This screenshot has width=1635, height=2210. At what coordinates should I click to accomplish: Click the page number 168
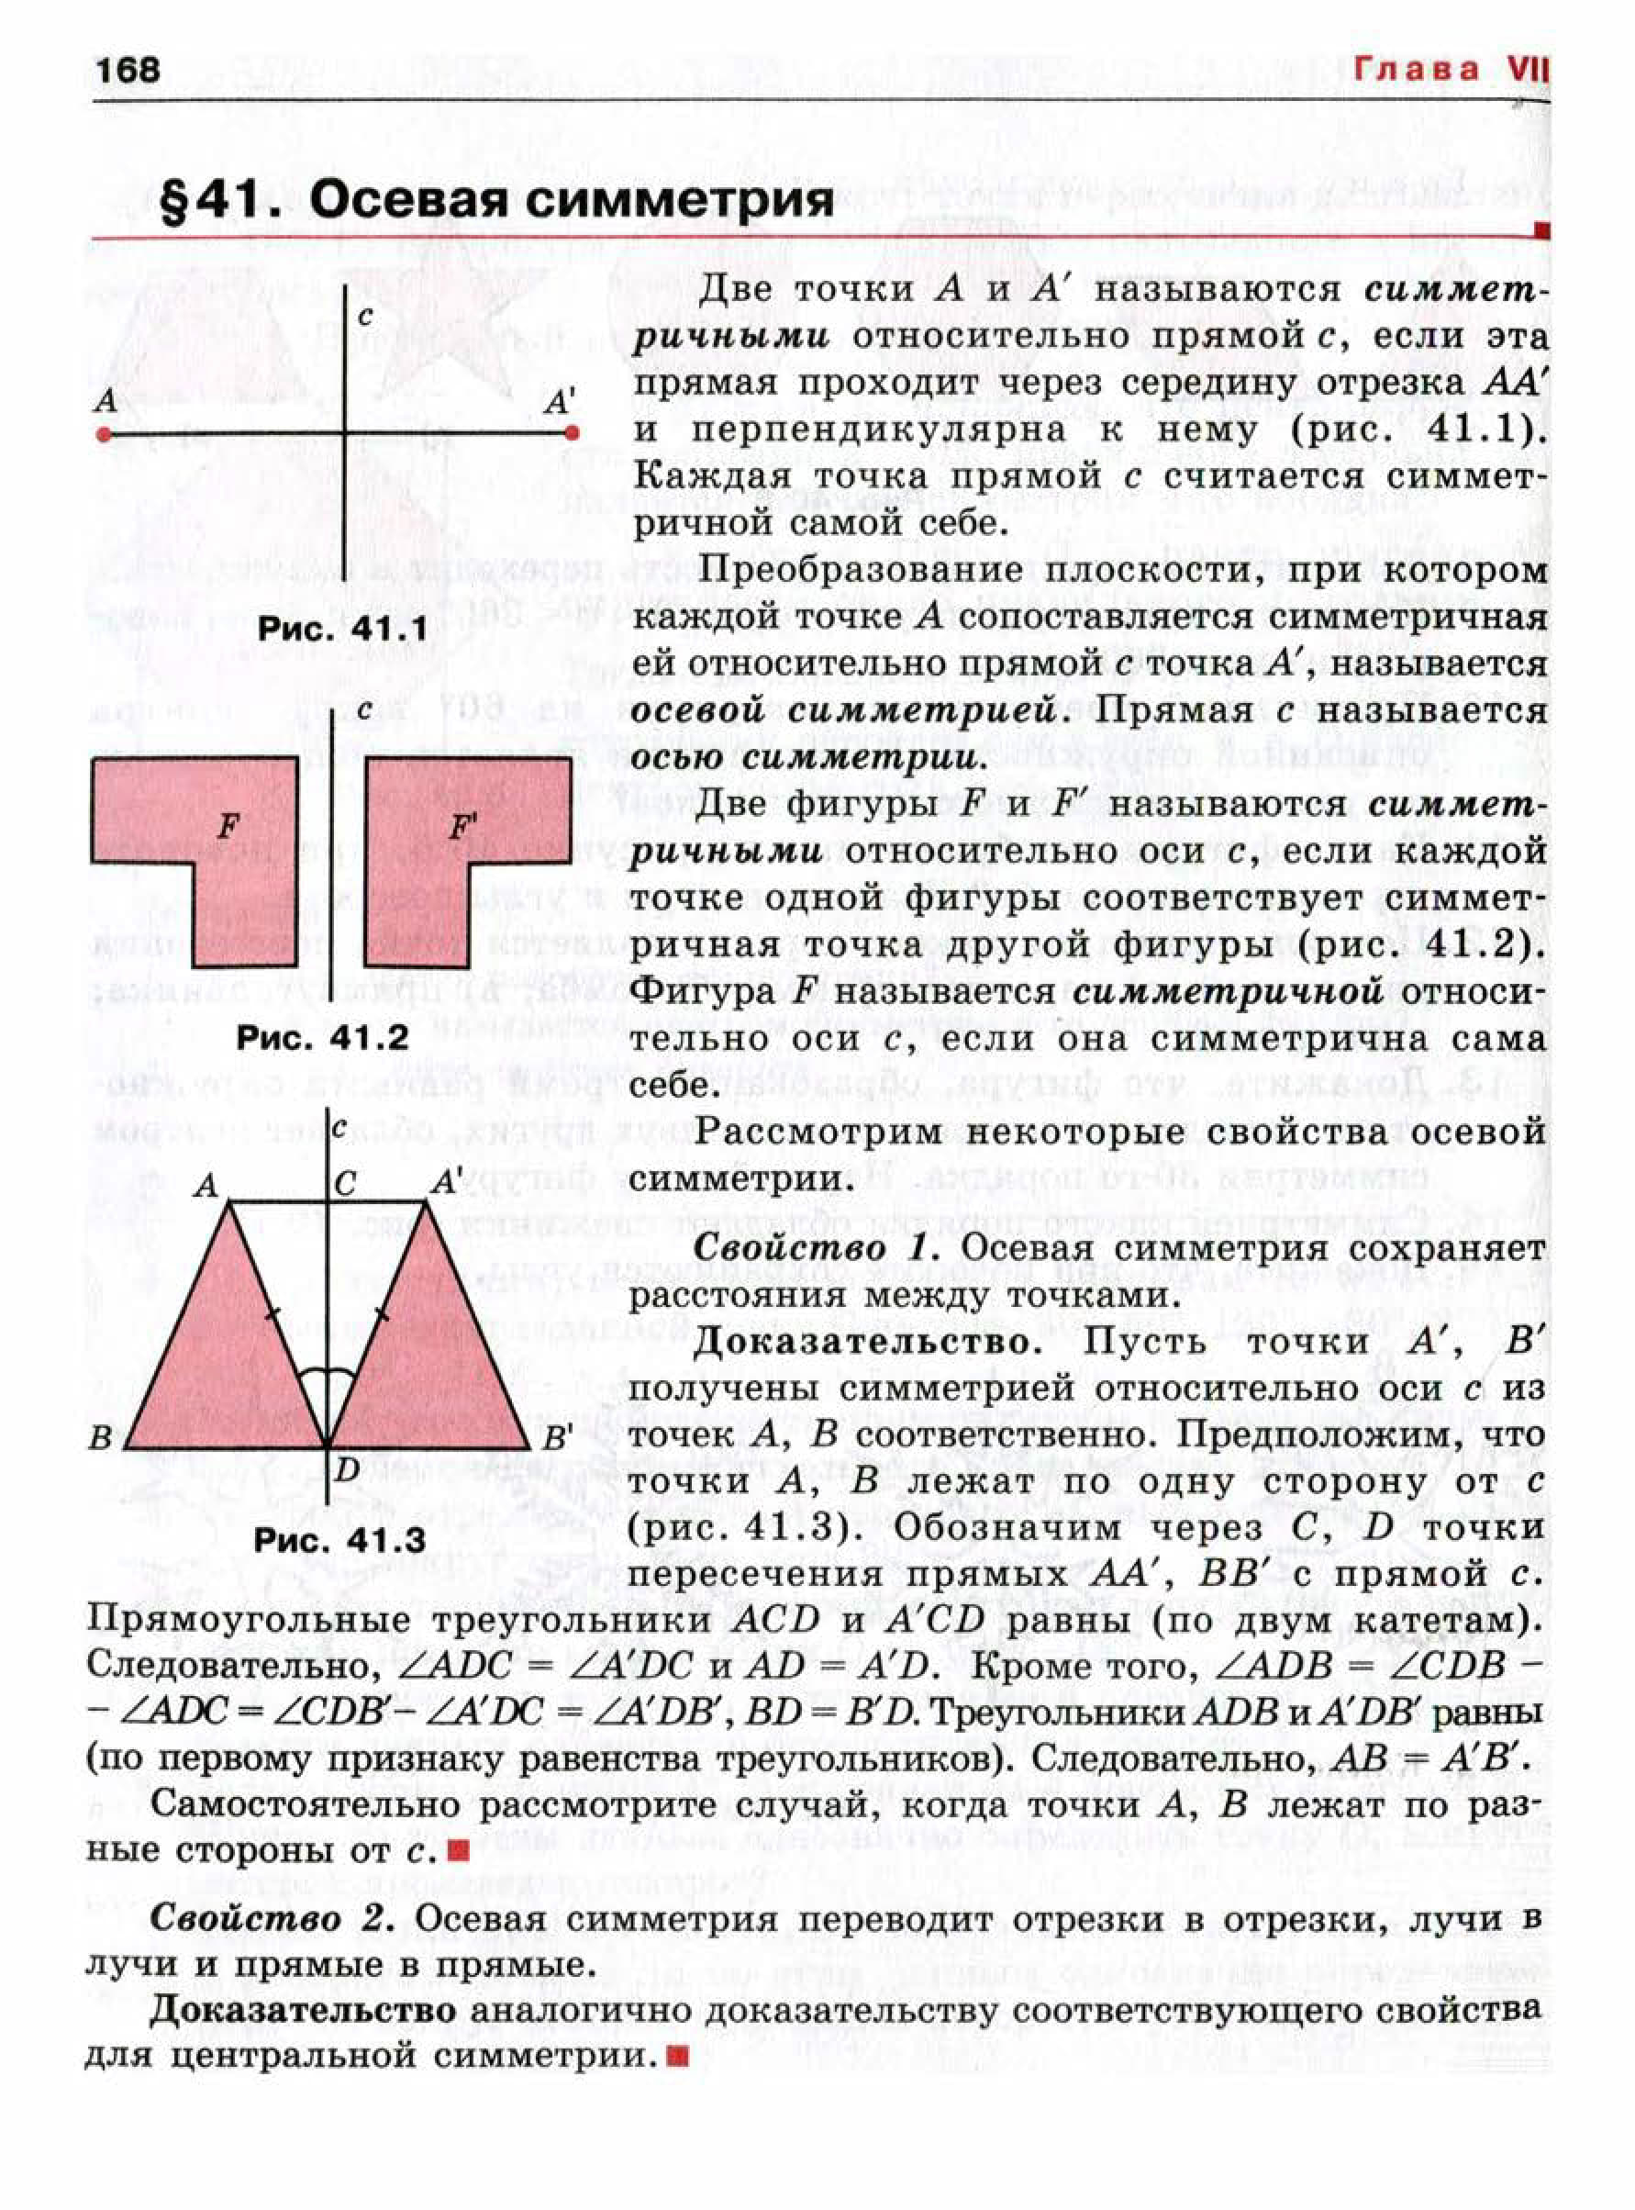pos(127,69)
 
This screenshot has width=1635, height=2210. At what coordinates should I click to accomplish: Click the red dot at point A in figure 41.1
pos(103,433)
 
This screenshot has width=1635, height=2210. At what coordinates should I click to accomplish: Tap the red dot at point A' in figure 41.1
pos(571,432)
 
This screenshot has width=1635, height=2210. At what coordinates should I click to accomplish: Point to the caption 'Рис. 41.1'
pos(342,629)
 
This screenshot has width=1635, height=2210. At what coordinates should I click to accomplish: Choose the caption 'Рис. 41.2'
pos(322,1037)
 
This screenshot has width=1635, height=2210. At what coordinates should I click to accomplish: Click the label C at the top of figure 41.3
pos(345,1185)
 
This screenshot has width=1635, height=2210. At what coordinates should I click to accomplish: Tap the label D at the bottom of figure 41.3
pos(344,1468)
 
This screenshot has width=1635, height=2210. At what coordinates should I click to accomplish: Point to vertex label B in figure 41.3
pos(101,1437)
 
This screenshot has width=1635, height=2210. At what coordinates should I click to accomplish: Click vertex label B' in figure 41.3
pos(558,1437)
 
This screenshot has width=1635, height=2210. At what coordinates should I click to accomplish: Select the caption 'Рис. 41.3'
pos(339,1540)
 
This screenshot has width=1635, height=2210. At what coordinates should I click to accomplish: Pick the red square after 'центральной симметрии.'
pos(677,2058)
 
